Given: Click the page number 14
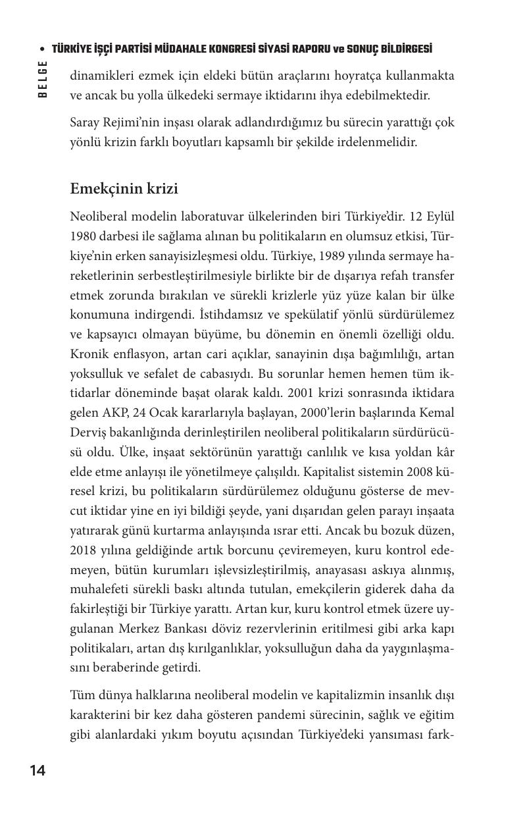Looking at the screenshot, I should tap(37, 771).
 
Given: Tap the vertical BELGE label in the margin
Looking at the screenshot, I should tap(43, 78).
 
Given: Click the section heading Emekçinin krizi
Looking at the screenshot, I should tap(124, 189).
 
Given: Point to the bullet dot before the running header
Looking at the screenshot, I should tap(43, 50).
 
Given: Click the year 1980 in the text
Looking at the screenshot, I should tap(84, 236).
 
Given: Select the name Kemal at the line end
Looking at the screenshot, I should tap(437, 413).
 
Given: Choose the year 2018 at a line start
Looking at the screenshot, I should tap(84, 550).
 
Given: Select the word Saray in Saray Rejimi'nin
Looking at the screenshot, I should tap(86, 122).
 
